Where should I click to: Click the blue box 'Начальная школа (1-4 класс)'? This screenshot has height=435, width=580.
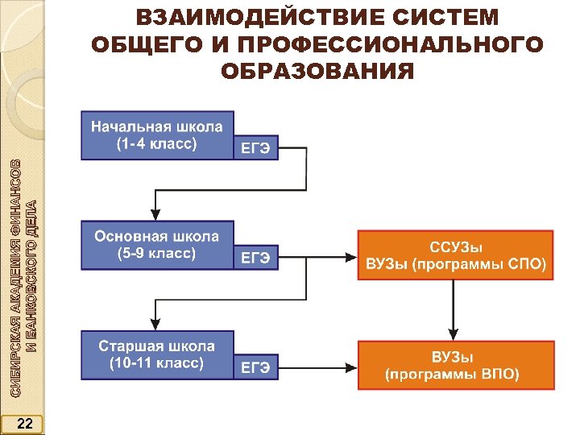point(157,135)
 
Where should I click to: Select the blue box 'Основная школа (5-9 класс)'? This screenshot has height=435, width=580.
point(157,245)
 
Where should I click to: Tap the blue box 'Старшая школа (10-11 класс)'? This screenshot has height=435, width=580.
point(157,354)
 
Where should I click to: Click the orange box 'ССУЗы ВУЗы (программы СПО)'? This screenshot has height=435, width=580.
point(455,255)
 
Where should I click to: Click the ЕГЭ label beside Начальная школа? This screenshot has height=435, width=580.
point(256,148)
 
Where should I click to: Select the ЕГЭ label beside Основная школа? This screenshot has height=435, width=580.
point(256,258)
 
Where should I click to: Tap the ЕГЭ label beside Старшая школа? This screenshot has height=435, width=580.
point(256,368)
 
